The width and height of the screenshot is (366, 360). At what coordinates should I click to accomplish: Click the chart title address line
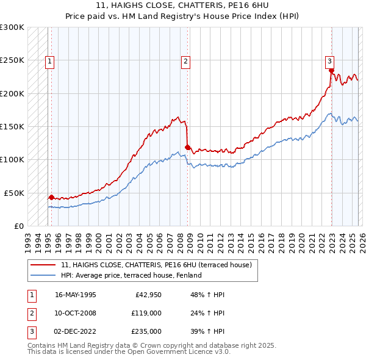(182, 5)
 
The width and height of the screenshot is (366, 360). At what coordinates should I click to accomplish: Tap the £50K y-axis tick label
(15, 193)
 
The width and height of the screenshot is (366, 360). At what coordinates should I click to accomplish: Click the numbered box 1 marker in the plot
(49, 60)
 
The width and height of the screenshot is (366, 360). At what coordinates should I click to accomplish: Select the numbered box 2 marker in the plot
(185, 60)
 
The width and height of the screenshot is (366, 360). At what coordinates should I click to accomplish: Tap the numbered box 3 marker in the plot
(329, 60)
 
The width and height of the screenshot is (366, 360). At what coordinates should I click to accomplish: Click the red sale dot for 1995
(51, 197)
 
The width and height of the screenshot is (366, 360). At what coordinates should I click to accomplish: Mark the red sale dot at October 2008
(187, 146)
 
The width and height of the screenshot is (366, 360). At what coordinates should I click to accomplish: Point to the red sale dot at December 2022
(331, 70)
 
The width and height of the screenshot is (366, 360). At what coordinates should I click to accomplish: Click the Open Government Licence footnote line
(129, 352)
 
